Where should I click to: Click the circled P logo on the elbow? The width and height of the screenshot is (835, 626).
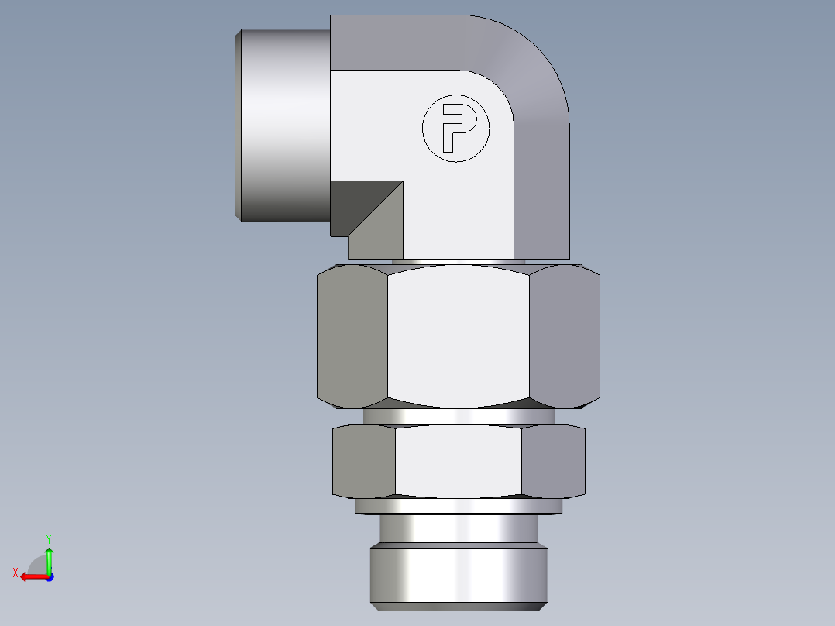click(456, 128)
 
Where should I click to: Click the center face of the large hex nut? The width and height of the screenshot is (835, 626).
click(460, 335)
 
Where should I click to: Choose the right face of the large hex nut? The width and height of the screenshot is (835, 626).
click(568, 335)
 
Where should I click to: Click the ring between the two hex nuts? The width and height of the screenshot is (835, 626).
click(458, 416)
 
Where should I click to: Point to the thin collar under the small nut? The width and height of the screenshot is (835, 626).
click(458, 506)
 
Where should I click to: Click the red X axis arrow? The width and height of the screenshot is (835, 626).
click(32, 576)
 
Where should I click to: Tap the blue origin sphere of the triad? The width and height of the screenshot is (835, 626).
click(49, 576)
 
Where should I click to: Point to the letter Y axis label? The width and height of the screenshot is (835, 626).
click(48, 537)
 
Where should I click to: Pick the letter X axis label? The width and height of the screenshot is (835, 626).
click(15, 573)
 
